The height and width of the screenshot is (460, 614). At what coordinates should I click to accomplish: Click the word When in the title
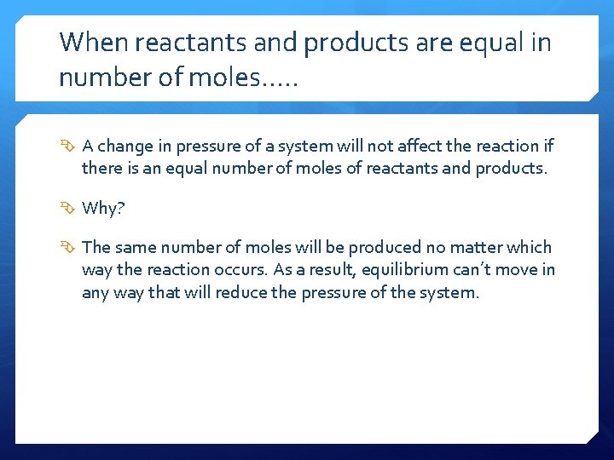pyautogui.click(x=88, y=42)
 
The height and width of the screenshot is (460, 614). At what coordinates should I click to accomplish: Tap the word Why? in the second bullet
pyautogui.click(x=102, y=208)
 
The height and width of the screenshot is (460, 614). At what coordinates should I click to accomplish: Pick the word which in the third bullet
pyautogui.click(x=530, y=248)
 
